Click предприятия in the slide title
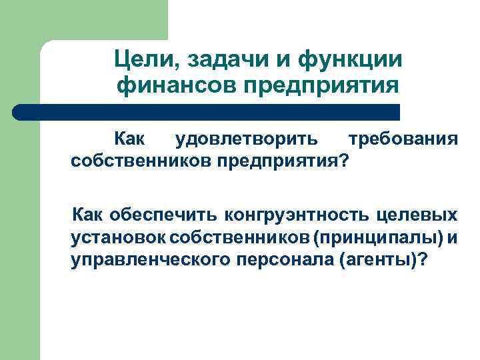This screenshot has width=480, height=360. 320,86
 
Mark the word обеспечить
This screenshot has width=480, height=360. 163,215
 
